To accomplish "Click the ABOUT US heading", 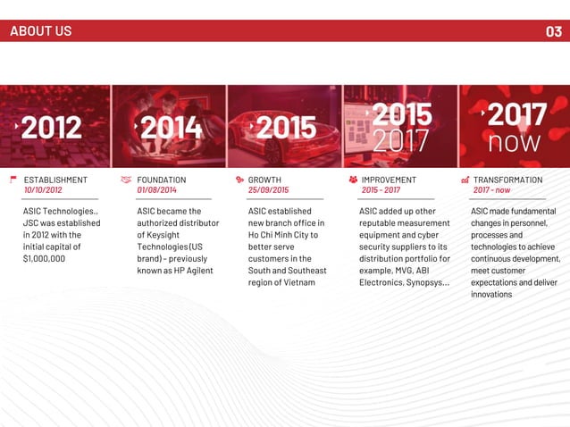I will (x=40, y=31).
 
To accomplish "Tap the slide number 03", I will (x=553, y=31).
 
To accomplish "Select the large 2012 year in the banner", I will (x=51, y=127).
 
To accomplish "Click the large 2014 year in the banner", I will (x=171, y=127).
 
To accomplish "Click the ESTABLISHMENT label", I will (x=55, y=180).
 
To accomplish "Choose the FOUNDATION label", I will (x=162, y=180).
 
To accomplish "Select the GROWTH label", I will (x=264, y=180).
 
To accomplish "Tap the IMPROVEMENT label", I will (x=389, y=180).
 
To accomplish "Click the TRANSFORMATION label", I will (x=507, y=180).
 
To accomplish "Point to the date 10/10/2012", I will (x=43, y=190).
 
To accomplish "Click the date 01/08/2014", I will (x=156, y=190).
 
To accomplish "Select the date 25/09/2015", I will (x=268, y=190).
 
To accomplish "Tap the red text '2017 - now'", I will (x=491, y=190).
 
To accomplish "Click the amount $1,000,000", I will (x=49, y=258).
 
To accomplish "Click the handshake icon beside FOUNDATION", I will (x=125, y=180).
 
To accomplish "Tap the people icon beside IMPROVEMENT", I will (x=351, y=180).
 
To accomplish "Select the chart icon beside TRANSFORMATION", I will (x=465, y=180).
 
